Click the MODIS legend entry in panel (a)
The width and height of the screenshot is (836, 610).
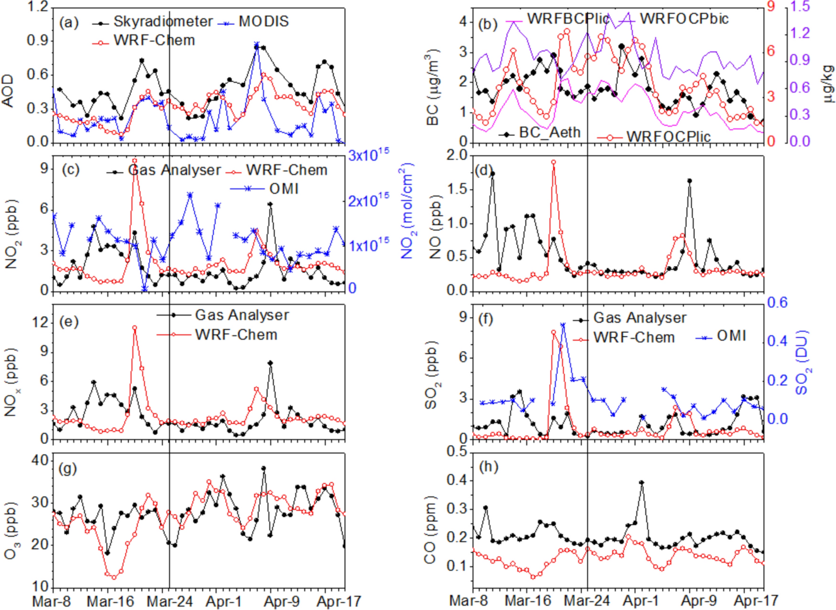[263, 22]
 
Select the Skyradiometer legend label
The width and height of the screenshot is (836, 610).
[163, 22]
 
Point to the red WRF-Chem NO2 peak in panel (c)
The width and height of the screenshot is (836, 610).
[135, 161]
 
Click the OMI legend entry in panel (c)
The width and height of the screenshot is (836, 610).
[284, 189]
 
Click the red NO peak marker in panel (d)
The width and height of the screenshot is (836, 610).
[554, 162]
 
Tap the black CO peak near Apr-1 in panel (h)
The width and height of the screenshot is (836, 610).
[641, 483]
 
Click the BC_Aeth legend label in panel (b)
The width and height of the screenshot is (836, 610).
[550, 133]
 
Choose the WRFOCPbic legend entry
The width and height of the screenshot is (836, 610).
[684, 19]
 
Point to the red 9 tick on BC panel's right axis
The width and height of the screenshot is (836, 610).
[770, 6]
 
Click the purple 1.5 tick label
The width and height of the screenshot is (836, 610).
[800, 6]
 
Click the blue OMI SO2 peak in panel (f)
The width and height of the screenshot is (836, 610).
[563, 325]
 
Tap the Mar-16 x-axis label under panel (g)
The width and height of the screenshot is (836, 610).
[110, 601]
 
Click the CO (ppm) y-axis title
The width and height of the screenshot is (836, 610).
[431, 530]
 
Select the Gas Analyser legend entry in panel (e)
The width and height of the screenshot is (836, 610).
[242, 315]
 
